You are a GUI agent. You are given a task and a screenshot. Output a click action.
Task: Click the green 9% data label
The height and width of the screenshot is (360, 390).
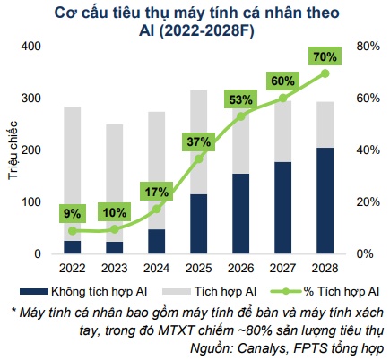click(x=73, y=213)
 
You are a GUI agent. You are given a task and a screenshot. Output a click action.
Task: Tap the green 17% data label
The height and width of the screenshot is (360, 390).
click(x=157, y=191)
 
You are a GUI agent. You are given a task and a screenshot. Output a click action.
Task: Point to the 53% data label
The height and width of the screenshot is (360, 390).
click(x=241, y=99)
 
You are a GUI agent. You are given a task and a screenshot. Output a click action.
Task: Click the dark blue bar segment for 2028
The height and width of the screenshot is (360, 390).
click(x=325, y=201)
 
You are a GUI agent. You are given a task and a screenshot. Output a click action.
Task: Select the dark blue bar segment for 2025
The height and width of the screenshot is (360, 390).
click(x=199, y=224)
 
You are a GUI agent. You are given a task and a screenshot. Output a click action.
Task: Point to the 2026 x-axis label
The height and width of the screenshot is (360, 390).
click(x=241, y=267)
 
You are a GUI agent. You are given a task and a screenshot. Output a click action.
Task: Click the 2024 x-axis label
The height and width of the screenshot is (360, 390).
click(x=157, y=267)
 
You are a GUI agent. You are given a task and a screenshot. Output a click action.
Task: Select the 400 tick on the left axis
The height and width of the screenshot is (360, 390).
click(x=31, y=47)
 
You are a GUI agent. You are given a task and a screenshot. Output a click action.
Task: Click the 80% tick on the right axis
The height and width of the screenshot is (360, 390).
click(x=367, y=47)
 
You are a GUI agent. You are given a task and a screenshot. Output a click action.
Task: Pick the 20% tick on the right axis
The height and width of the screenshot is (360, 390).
click(x=367, y=202)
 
